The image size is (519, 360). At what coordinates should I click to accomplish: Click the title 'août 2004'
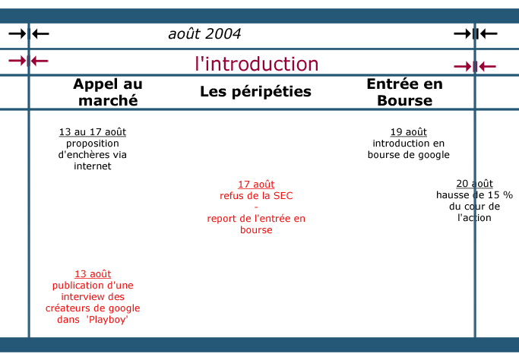(204, 33)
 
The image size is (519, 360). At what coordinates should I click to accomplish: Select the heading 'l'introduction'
(257, 64)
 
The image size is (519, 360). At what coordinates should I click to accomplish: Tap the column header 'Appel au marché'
(108, 92)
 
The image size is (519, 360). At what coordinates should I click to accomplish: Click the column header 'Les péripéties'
(255, 91)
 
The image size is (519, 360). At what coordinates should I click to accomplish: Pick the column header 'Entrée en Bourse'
(404, 92)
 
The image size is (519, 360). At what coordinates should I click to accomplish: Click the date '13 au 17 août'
(93, 132)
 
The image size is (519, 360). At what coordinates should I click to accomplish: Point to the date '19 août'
(409, 132)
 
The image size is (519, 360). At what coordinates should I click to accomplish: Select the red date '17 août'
(256, 185)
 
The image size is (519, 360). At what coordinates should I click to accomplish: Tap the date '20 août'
(474, 184)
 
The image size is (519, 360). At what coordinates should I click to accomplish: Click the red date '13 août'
(93, 274)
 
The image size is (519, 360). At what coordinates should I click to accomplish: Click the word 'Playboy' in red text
(107, 320)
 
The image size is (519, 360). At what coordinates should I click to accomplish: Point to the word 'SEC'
(283, 195)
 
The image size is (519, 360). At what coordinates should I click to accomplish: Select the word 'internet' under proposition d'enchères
(93, 166)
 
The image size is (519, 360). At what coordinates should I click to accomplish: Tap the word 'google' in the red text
(124, 308)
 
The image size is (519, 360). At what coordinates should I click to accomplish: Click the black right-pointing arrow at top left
(17, 33)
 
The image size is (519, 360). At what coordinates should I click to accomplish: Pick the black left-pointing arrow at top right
(489, 33)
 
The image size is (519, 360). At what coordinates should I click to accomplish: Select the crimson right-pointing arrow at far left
(17, 61)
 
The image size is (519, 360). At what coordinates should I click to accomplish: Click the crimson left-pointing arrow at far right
(487, 67)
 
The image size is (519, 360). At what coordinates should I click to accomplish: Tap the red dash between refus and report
(256, 207)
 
